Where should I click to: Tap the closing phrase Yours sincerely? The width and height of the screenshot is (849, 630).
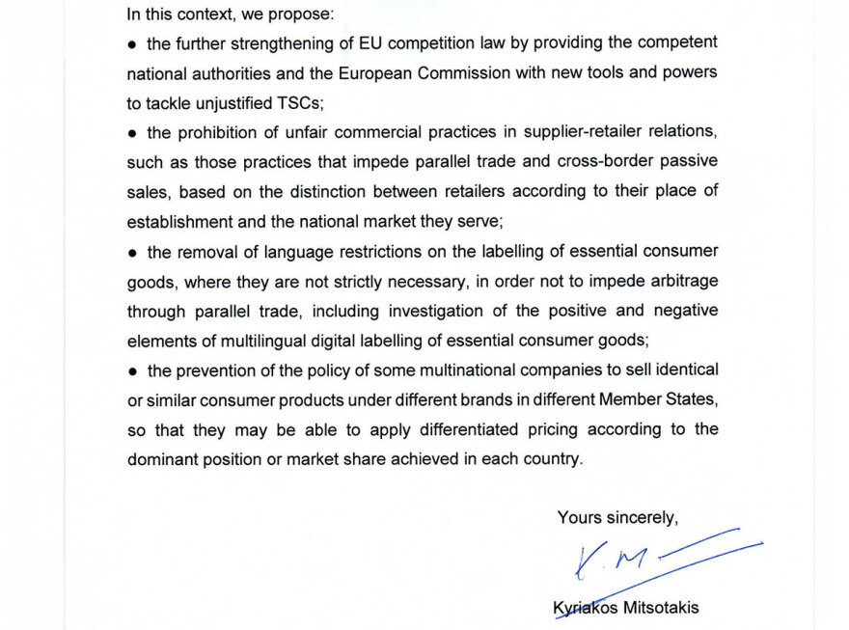pyautogui.click(x=617, y=518)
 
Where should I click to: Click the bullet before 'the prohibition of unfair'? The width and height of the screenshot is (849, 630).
pyautogui.click(x=133, y=132)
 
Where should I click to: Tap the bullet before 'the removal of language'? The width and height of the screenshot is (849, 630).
pyautogui.click(x=133, y=253)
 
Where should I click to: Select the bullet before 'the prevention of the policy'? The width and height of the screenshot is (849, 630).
pyautogui.click(x=133, y=370)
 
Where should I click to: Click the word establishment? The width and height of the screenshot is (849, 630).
pyautogui.click(x=180, y=221)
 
